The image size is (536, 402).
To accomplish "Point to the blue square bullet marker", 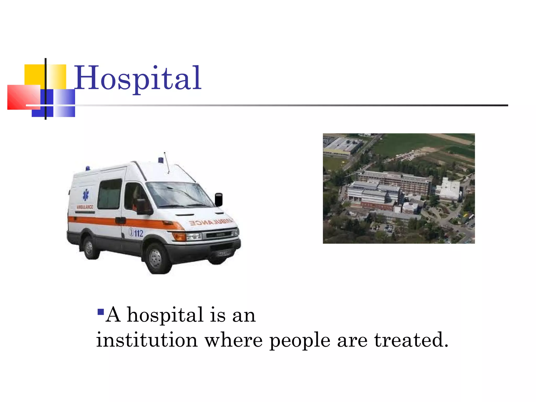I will click(x=100, y=312).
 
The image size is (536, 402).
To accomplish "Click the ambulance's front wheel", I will click(x=156, y=258).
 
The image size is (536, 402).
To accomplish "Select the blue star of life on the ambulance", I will click(x=86, y=195).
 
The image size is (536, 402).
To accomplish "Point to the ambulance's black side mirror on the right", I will click(x=219, y=200).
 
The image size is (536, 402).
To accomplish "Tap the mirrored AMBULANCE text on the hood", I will click(x=211, y=222).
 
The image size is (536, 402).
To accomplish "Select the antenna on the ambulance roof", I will click(x=166, y=162).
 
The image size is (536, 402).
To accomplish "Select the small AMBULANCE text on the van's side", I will click(x=85, y=207).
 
